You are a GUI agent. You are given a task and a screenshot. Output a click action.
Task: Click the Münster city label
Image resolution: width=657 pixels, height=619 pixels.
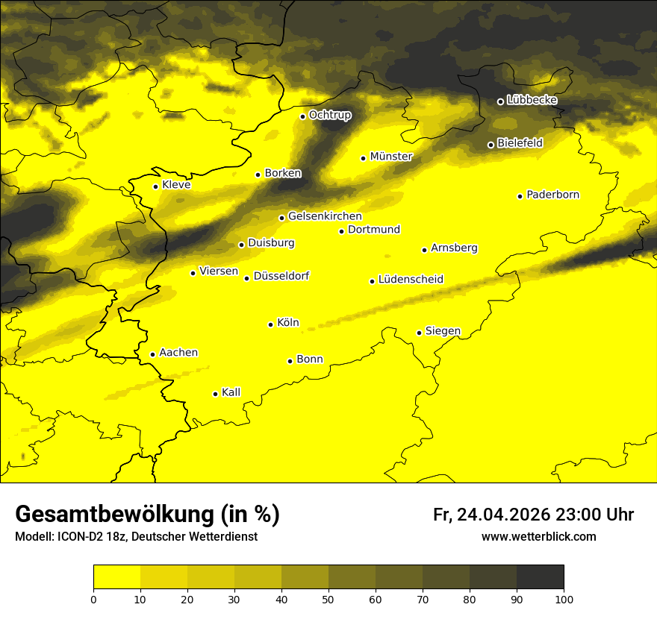tap(391, 157)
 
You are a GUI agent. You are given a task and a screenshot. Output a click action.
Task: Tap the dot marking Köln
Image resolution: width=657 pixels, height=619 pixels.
tap(270, 324)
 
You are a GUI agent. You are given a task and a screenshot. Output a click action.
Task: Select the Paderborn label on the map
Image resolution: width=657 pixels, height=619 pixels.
tap(553, 195)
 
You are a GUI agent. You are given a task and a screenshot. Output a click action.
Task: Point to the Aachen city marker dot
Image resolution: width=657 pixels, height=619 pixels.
tap(152, 354)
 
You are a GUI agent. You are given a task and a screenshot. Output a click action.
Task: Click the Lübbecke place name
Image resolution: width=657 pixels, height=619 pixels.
tap(532, 101)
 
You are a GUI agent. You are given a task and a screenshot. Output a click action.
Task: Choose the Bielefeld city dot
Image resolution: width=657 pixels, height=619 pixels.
tap(491, 145)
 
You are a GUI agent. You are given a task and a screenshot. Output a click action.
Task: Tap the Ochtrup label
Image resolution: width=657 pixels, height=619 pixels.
tap(329, 116)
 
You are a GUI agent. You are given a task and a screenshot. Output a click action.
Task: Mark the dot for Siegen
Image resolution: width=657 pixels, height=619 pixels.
tap(419, 333)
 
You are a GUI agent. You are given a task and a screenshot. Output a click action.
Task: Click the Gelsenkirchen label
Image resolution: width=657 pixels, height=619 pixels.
tap(325, 216)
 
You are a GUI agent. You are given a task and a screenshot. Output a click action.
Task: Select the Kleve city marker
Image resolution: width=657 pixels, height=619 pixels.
tap(155, 186)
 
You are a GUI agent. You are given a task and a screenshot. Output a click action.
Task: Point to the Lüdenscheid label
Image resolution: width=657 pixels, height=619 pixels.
tap(411, 280)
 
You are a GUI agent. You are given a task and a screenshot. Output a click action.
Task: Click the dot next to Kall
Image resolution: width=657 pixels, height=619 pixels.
tap(215, 394)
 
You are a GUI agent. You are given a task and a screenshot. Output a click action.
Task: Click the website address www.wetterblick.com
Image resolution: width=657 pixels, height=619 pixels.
tap(538, 537)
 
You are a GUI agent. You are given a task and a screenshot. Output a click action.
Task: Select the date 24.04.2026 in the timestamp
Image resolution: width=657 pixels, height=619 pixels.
tap(503, 515)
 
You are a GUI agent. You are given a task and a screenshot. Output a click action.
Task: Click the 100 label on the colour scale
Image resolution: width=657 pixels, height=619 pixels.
tap(563, 599)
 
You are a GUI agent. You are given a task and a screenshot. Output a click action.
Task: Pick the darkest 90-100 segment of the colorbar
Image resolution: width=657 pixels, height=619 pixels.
tap(540, 577)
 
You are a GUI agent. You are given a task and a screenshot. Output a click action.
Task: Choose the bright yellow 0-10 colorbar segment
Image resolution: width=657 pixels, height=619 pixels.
tap(117, 577)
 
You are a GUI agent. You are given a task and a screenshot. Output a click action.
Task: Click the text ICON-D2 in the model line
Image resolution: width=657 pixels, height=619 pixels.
tap(78, 537)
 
